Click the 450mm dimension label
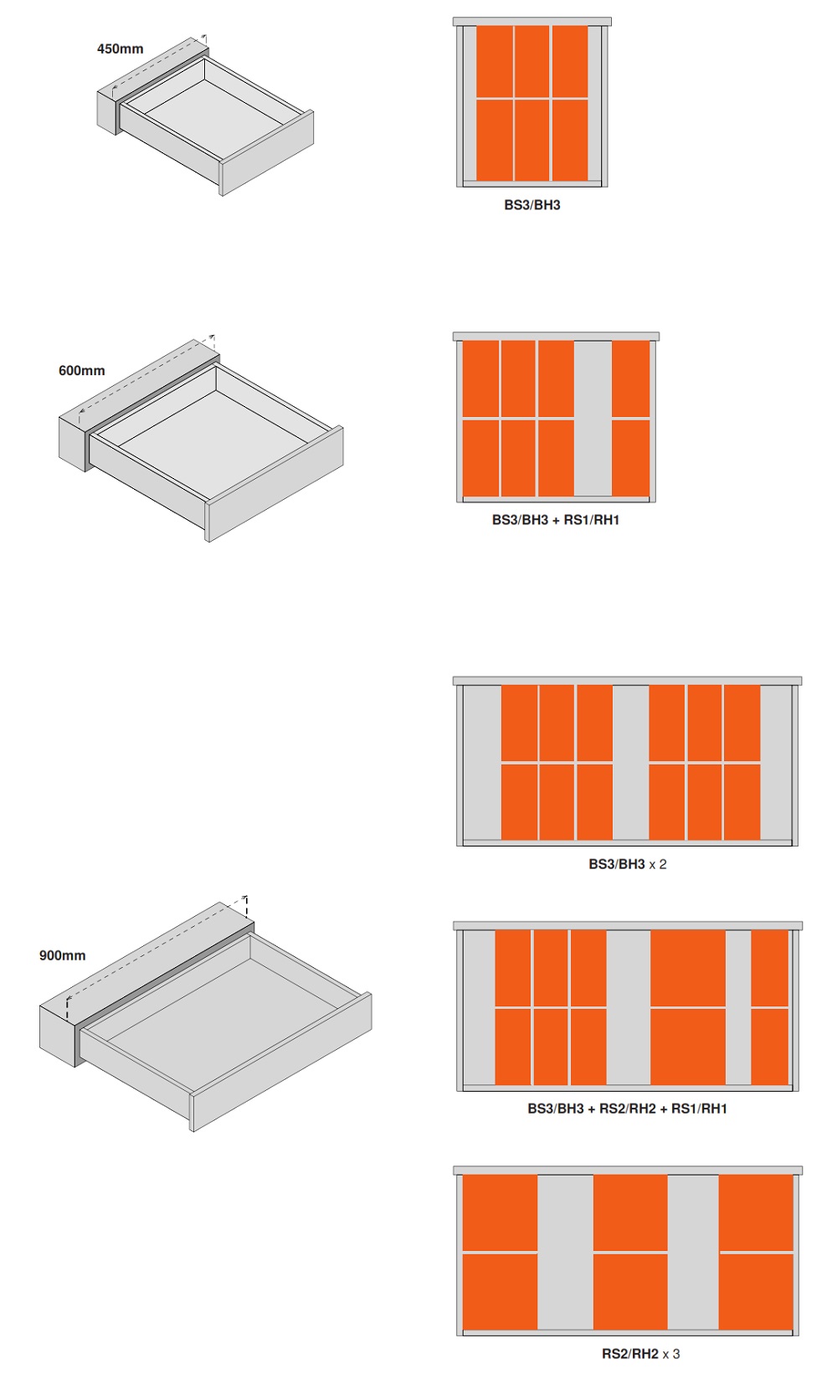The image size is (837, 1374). click(x=121, y=49)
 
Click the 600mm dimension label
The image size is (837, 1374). click(x=81, y=370)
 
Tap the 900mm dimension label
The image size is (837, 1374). click(x=62, y=955)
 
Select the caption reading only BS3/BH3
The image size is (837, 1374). click(x=532, y=205)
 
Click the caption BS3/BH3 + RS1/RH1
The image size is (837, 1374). click(x=556, y=520)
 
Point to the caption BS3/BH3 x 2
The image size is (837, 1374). click(x=627, y=863)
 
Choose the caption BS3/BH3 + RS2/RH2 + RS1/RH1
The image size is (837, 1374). click(x=627, y=1109)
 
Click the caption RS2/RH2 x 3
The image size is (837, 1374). click(x=641, y=1353)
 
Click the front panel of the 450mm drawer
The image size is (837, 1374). click(x=267, y=153)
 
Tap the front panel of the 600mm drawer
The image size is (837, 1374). click(x=275, y=484)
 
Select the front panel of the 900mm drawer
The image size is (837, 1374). click(x=281, y=1062)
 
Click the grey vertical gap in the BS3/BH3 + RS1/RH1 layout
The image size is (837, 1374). click(x=593, y=419)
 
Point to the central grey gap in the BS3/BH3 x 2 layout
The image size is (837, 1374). click(x=630, y=763)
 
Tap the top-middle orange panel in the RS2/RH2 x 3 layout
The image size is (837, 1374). click(x=630, y=1212)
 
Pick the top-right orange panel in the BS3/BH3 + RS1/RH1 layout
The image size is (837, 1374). click(x=631, y=379)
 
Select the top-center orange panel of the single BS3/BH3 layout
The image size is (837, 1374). click(x=531, y=61)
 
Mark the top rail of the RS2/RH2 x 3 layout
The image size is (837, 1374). click(x=627, y=1171)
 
